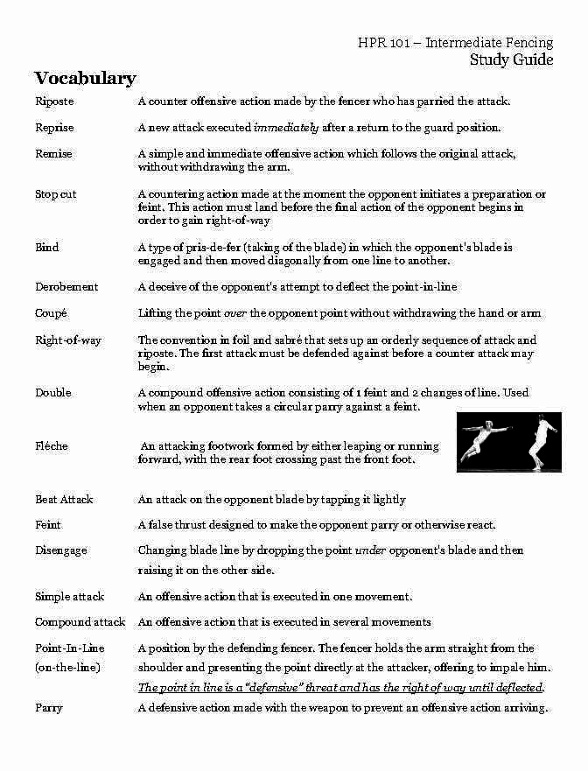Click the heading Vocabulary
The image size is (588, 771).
point(85,79)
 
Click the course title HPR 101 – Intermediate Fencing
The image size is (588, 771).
point(455,43)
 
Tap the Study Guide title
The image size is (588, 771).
point(511,60)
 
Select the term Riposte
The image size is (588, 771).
point(54,102)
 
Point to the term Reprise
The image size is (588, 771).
point(54,128)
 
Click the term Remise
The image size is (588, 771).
point(53,154)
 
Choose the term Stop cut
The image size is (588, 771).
point(56,194)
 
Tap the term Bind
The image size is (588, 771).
point(47,248)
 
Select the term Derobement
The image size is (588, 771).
point(66,287)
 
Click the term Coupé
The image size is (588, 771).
point(51,313)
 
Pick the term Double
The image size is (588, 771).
point(53,393)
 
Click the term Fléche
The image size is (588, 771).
point(52,446)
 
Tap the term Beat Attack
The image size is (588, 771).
point(64,500)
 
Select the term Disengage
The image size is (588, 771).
point(61,550)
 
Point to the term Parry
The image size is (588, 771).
point(48,707)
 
